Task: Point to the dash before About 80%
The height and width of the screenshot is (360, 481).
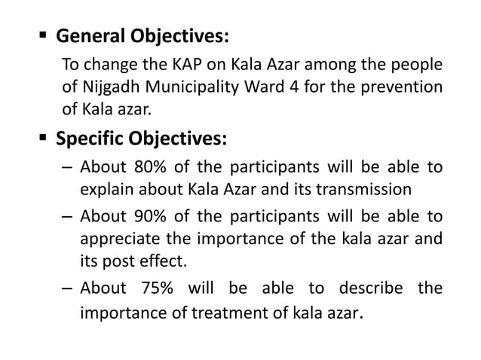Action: tap(66, 168)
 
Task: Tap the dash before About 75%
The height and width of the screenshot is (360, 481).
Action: tap(66, 288)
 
